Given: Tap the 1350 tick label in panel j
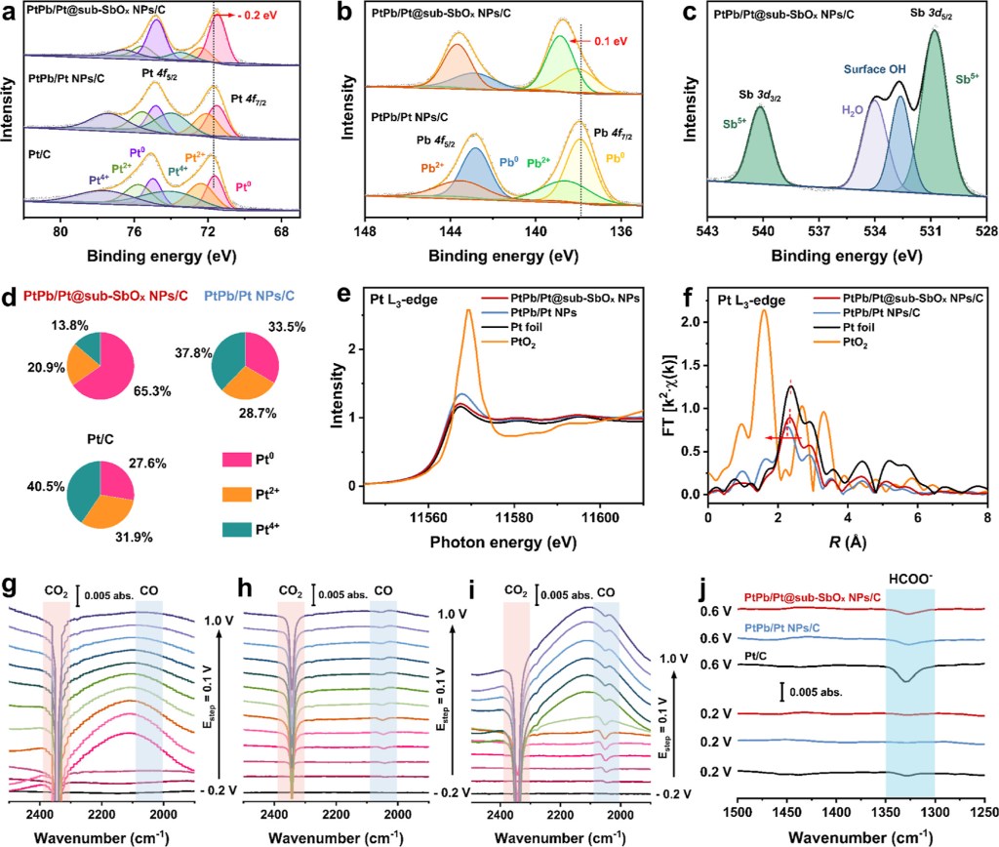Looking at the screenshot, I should (x=885, y=811).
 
